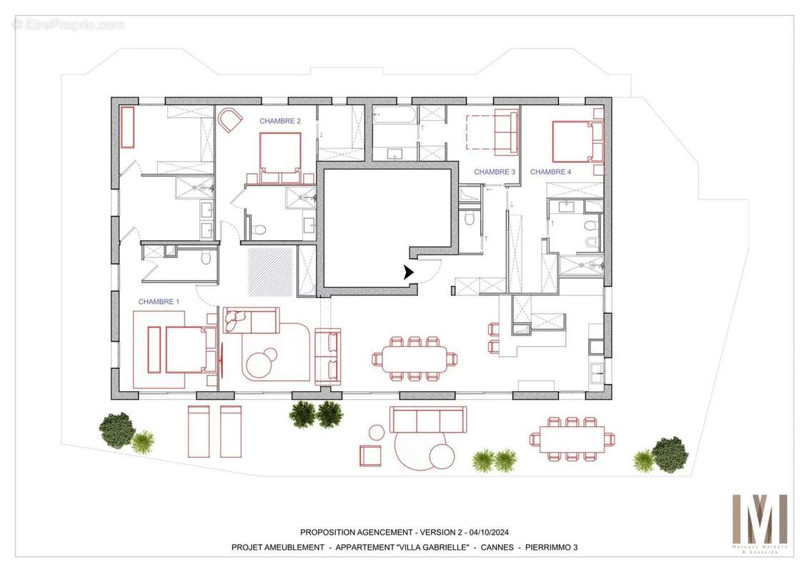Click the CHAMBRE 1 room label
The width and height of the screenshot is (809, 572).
click(159, 302)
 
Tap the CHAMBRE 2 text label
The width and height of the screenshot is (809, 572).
click(279, 122)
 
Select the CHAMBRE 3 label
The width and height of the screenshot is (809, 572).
click(494, 172)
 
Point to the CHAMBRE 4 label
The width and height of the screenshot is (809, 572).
click(550, 172)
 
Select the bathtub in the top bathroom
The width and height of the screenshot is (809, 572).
click(394, 116)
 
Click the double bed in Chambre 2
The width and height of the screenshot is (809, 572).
click(279, 157)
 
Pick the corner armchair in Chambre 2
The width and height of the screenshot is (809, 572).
click(229, 120)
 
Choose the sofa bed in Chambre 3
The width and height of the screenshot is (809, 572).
click(505, 133)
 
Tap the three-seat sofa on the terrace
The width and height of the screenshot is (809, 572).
click(427, 418)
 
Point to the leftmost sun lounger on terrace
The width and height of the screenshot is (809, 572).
click(198, 431)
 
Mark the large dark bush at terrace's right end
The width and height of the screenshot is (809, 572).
click(670, 454)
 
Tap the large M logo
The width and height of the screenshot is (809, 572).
click(759, 518)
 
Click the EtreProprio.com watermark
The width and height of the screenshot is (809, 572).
click(69, 24)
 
